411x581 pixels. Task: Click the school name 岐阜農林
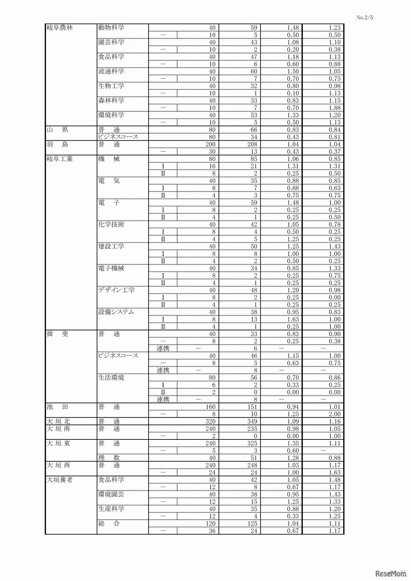(60, 28)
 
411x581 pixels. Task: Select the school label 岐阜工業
(60, 159)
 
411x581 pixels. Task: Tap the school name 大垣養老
(60, 480)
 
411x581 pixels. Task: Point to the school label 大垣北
(58, 421)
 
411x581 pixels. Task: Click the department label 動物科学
(111, 28)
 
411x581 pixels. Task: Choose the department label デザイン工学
(117, 290)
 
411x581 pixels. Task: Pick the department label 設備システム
(116, 312)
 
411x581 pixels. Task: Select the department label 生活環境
(111, 377)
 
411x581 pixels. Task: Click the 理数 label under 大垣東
(109, 458)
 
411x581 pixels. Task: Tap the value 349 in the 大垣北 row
(252, 421)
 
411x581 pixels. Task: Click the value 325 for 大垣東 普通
(252, 443)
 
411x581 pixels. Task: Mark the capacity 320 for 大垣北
(210, 421)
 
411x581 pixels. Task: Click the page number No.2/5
(364, 17)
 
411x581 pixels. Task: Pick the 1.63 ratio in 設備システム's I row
(293, 319)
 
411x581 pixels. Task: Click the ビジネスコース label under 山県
(118, 137)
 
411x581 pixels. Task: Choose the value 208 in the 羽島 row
(252, 144)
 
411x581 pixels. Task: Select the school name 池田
(57, 407)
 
